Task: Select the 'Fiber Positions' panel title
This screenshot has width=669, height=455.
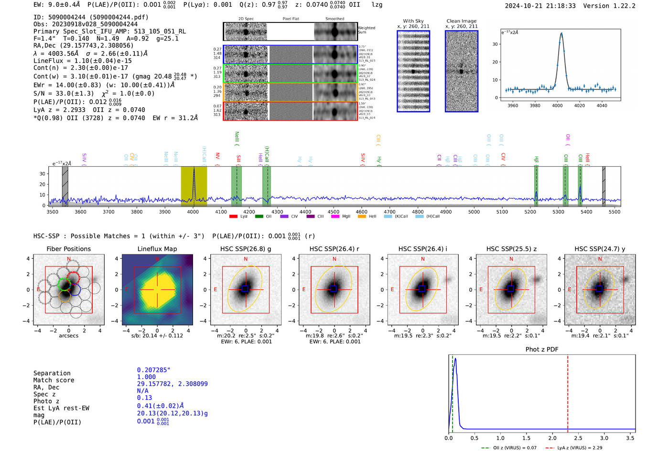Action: (x=68, y=249)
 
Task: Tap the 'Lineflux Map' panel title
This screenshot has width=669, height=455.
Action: (x=157, y=249)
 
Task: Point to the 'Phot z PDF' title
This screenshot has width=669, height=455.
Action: (x=541, y=349)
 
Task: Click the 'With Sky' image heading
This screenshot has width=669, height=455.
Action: (x=413, y=21)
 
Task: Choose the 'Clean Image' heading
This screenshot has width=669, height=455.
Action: (x=461, y=21)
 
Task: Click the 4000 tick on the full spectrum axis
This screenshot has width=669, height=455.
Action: (x=193, y=212)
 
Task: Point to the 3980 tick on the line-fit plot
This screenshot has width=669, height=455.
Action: (x=535, y=105)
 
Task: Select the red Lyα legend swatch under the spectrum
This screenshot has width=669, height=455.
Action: (x=233, y=216)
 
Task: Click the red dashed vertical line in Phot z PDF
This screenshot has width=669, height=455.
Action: (x=568, y=392)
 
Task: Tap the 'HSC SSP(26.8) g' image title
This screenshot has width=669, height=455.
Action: (x=245, y=249)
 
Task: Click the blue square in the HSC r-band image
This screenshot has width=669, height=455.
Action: (x=334, y=289)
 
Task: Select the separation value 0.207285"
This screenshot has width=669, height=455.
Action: (x=153, y=370)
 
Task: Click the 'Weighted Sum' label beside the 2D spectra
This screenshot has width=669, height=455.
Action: (x=366, y=30)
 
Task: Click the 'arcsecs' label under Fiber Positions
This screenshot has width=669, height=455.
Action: (x=68, y=336)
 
